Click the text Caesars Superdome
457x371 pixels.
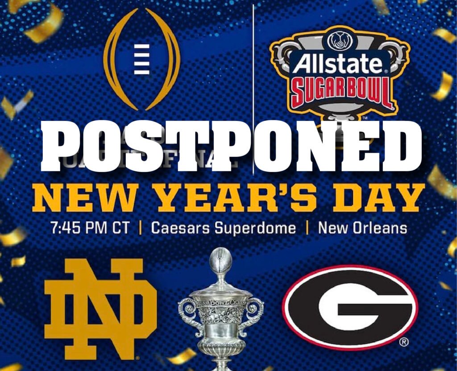click(223, 228)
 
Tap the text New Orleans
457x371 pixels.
click(362, 228)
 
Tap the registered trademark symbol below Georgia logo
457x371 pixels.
click(403, 342)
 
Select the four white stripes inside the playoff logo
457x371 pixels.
click(142, 60)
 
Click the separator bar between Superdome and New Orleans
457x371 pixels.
click(307, 228)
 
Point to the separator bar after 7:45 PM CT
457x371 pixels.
click(140, 228)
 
